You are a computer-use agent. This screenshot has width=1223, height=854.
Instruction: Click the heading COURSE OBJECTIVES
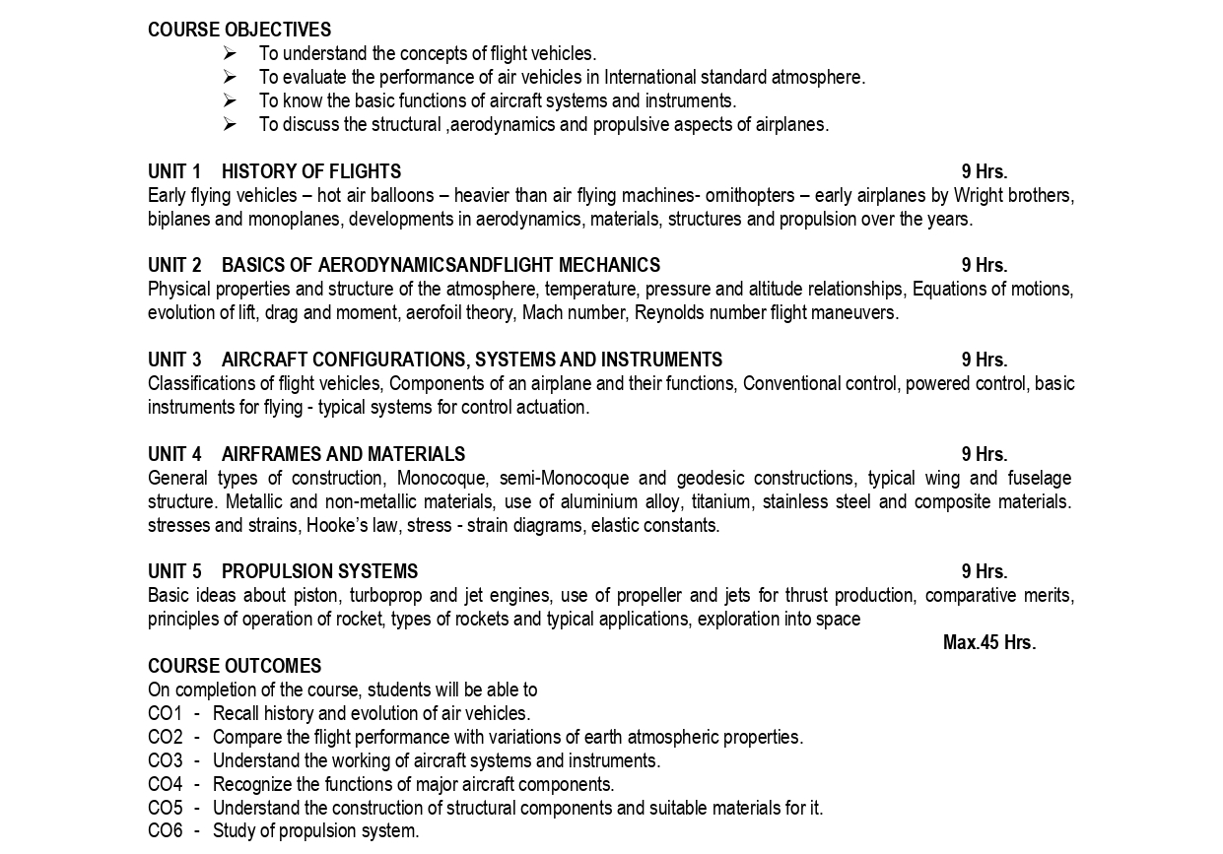(x=239, y=31)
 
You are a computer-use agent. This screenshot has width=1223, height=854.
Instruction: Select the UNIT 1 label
(x=174, y=172)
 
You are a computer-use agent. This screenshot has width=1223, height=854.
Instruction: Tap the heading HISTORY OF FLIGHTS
(x=311, y=172)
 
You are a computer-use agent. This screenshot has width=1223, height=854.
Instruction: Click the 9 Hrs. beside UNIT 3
(x=985, y=361)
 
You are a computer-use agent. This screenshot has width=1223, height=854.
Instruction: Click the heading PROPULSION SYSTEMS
(x=319, y=572)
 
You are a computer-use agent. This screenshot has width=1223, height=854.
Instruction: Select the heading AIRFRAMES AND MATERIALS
(x=343, y=455)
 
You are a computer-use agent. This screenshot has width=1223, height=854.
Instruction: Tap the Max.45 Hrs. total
(x=988, y=643)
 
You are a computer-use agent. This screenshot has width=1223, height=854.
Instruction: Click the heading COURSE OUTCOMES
(x=235, y=667)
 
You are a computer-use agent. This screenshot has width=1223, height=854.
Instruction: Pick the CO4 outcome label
(x=165, y=785)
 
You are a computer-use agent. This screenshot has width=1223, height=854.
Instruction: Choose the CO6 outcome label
(x=165, y=831)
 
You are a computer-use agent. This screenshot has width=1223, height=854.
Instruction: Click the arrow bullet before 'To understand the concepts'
(x=230, y=54)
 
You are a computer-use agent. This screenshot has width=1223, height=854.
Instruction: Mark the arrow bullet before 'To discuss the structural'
(x=230, y=125)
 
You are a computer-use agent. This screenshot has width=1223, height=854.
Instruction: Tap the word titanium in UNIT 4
(x=722, y=502)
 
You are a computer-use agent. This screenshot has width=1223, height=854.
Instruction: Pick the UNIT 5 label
(x=174, y=572)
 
